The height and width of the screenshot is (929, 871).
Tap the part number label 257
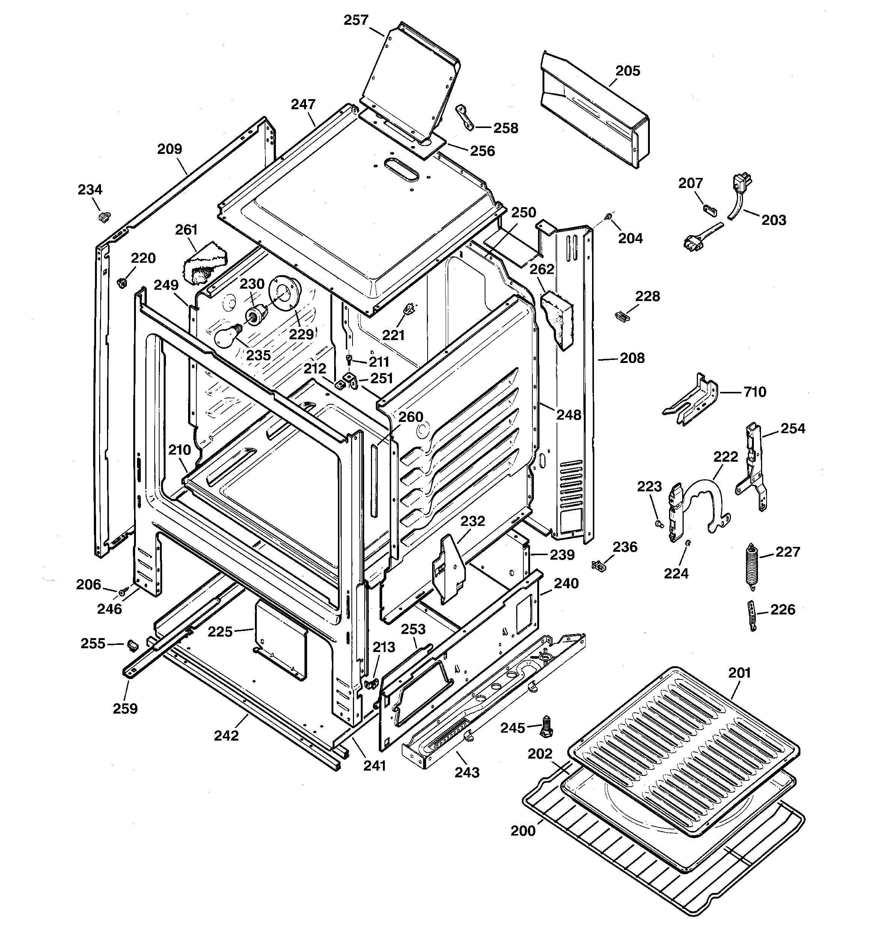[356, 20]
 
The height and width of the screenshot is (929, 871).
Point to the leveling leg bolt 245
[546, 727]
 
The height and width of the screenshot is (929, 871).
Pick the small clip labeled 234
[104, 217]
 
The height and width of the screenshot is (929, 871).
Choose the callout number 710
[755, 391]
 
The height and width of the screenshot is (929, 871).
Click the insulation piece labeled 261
[204, 264]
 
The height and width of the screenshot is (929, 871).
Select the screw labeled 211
[348, 358]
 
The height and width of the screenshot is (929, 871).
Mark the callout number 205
[627, 71]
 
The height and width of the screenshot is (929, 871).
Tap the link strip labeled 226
[752, 616]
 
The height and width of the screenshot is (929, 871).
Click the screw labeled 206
[124, 591]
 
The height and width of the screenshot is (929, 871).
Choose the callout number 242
[226, 736]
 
